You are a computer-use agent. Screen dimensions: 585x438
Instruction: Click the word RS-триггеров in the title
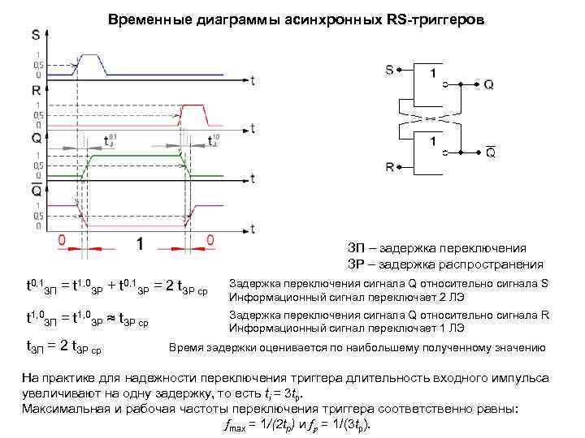coord(431,18)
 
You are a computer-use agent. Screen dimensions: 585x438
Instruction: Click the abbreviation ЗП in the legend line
coord(357,248)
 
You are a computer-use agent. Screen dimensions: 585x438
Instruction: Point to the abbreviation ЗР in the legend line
coord(357,264)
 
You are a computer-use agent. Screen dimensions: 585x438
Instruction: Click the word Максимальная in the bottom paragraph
coord(64,408)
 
